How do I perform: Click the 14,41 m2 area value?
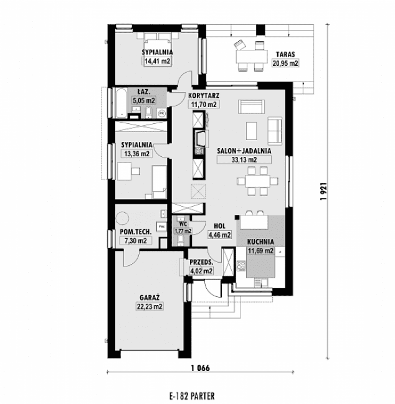point(157,62)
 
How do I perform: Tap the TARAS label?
point(286,54)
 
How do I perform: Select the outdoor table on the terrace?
point(250,57)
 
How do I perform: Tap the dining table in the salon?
point(256,182)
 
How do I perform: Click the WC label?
point(183,223)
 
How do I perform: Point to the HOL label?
point(219,227)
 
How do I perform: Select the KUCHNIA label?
point(260,243)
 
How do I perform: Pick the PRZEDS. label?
point(202,262)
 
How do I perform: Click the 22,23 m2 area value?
point(150,306)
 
